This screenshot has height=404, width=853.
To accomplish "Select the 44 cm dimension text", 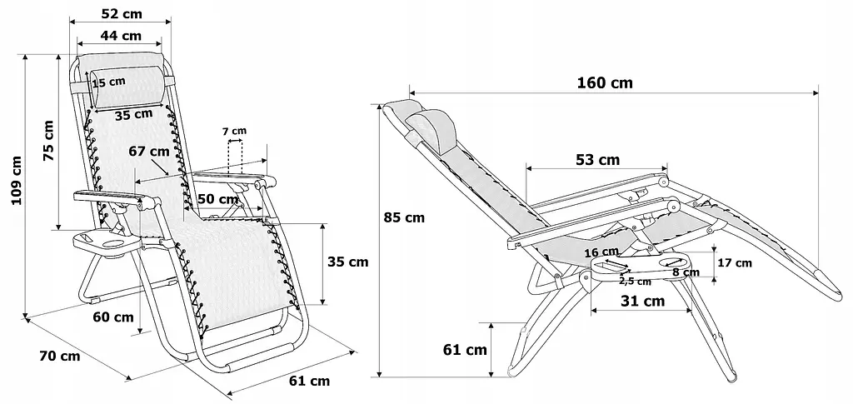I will (x=120, y=36).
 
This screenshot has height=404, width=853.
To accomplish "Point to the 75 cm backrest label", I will (x=48, y=140).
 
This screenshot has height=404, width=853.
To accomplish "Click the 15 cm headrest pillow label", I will (x=109, y=82).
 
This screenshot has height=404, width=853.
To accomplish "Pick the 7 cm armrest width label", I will (x=234, y=131).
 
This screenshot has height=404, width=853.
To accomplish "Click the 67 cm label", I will (x=149, y=152).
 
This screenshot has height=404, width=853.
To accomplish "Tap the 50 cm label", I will (x=218, y=199).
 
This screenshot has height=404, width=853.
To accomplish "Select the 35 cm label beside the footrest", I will (x=347, y=262).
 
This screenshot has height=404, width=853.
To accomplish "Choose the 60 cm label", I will (x=113, y=317).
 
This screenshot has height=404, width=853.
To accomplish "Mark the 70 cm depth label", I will (x=60, y=357).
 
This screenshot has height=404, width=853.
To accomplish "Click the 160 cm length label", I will (x=604, y=82).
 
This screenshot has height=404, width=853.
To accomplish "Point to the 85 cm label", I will (x=404, y=218).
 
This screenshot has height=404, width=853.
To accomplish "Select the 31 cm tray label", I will (x=644, y=302).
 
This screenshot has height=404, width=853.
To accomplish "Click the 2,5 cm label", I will (x=635, y=281).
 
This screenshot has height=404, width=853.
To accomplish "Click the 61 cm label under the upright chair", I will (x=308, y=381).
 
